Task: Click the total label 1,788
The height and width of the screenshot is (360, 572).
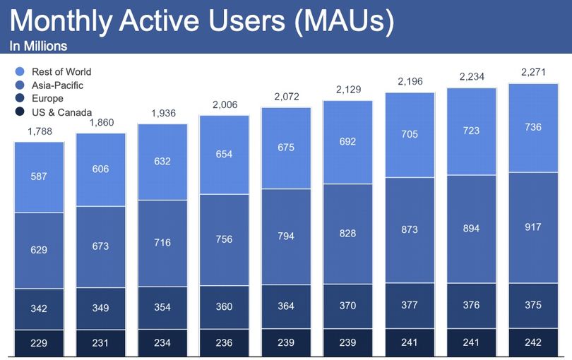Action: tap(40, 131)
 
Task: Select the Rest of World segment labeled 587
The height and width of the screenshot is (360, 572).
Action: tap(39, 177)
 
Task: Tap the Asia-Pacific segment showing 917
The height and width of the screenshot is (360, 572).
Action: tap(533, 227)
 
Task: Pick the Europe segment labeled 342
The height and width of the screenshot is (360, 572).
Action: tap(39, 309)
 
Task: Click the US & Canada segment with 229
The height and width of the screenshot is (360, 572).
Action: tap(39, 343)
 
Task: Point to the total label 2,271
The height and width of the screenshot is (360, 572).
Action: tap(533, 72)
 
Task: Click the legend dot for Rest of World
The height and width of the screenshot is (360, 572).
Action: tap(20, 71)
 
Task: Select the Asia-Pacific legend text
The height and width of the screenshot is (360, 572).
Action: tap(58, 85)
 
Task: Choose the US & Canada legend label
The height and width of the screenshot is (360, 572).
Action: tap(61, 112)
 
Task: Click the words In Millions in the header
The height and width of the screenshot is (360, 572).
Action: tap(38, 46)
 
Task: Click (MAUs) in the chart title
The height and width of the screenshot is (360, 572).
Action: tap(344, 21)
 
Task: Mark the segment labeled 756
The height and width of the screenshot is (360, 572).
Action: tap(224, 239)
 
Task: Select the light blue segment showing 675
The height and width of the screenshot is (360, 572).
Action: tap(287, 148)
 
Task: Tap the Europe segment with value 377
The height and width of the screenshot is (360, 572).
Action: tap(410, 306)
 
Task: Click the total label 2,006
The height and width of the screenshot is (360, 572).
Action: tap(225, 104)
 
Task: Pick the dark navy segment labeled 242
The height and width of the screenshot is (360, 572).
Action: tap(533, 342)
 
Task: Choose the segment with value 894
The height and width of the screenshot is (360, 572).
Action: tap(471, 229)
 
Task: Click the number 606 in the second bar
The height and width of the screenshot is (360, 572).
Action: tap(100, 169)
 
